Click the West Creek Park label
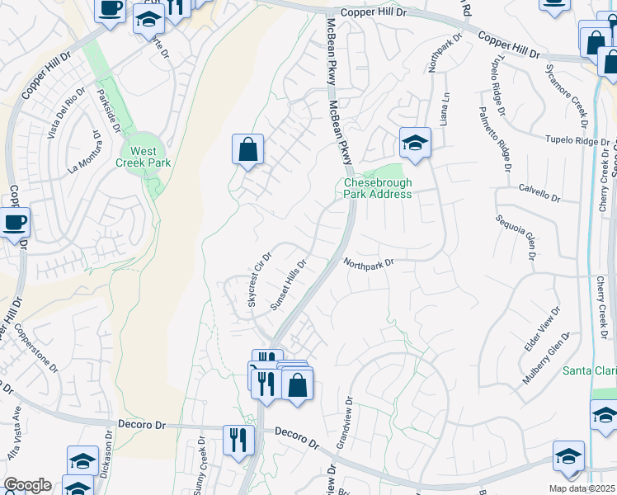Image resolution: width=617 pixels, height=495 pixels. [144, 157]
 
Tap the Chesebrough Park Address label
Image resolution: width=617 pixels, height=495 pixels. [377, 188]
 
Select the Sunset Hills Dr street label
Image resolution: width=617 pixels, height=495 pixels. [289, 285]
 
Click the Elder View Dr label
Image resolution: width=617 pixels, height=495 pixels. [541, 328]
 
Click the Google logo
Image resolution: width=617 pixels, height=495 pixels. [27, 485]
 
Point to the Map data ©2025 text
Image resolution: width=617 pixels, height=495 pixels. [582, 488]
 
